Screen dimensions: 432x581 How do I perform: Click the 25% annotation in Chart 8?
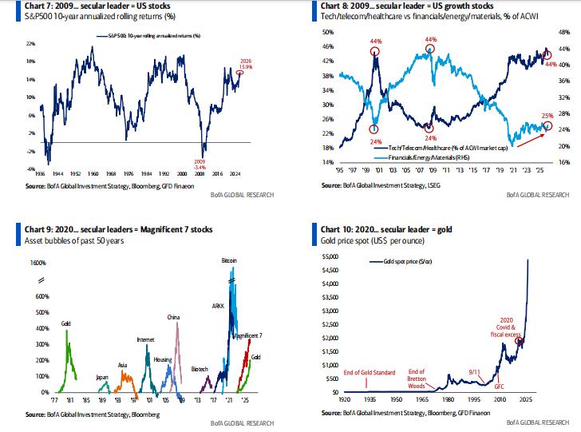point(547,116)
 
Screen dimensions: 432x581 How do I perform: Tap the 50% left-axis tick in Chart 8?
point(326,32)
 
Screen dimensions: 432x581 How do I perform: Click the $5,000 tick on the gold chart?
point(329,256)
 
